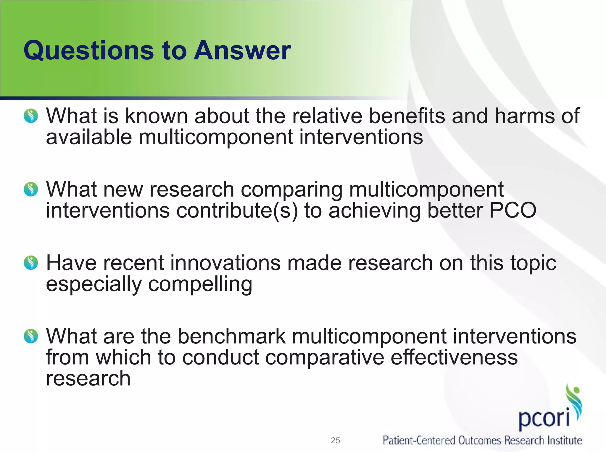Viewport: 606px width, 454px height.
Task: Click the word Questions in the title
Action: (88, 51)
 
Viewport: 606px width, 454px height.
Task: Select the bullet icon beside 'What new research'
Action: (31, 189)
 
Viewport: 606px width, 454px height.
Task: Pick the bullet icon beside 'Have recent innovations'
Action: (31, 263)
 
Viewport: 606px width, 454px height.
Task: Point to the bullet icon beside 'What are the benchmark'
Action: (31, 336)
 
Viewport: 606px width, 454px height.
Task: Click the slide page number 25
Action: (335, 440)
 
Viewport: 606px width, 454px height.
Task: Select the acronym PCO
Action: (512, 210)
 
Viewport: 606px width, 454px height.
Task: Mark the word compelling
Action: (200, 285)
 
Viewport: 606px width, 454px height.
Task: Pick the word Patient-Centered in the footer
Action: (418, 440)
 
